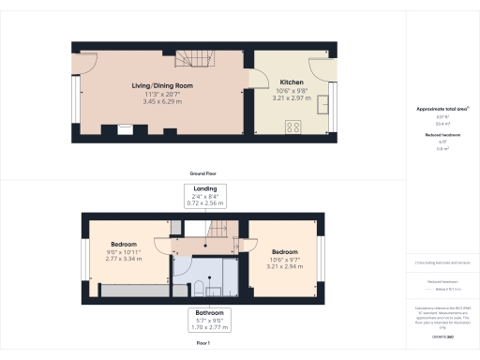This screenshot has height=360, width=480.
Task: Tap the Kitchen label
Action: [x=290, y=82]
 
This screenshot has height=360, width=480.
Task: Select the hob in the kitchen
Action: [x=292, y=127]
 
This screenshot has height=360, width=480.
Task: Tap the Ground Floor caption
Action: [x=203, y=175]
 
